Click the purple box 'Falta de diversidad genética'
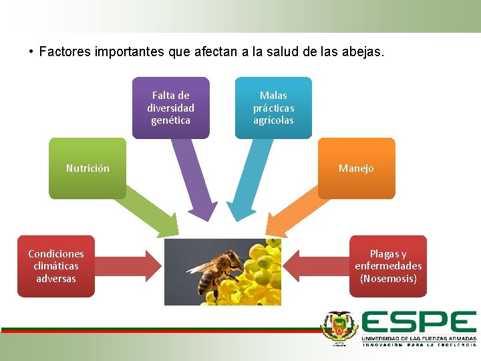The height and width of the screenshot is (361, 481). click(170, 108)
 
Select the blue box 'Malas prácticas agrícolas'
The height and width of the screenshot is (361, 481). click(273, 108)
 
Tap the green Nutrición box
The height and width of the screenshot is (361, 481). click(88, 168)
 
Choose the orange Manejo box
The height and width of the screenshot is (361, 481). click(356, 168)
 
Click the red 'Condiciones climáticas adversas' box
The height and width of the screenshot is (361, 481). click(56, 266)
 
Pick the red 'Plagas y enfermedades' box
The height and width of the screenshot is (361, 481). click(388, 266)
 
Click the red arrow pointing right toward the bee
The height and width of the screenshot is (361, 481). click(130, 266)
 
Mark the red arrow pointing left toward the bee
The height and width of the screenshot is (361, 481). click(315, 266)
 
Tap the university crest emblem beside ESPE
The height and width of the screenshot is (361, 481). click(340, 328)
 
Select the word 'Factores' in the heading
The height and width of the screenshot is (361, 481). click(65, 51)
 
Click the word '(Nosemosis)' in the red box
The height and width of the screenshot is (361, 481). click(388, 279)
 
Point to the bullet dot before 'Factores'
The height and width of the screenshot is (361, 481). click(31, 51)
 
